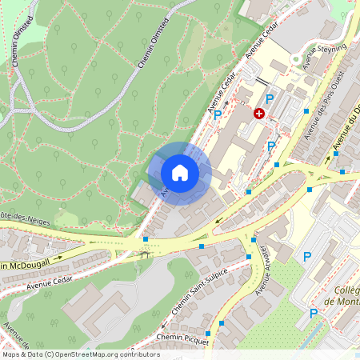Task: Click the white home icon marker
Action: coord(180,173)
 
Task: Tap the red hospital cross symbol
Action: coord(259,114)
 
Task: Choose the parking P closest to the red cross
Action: coord(270,98)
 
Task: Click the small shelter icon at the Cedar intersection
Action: coord(144,254)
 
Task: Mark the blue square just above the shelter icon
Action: coord(145,238)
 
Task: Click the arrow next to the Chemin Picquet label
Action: coord(162,326)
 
